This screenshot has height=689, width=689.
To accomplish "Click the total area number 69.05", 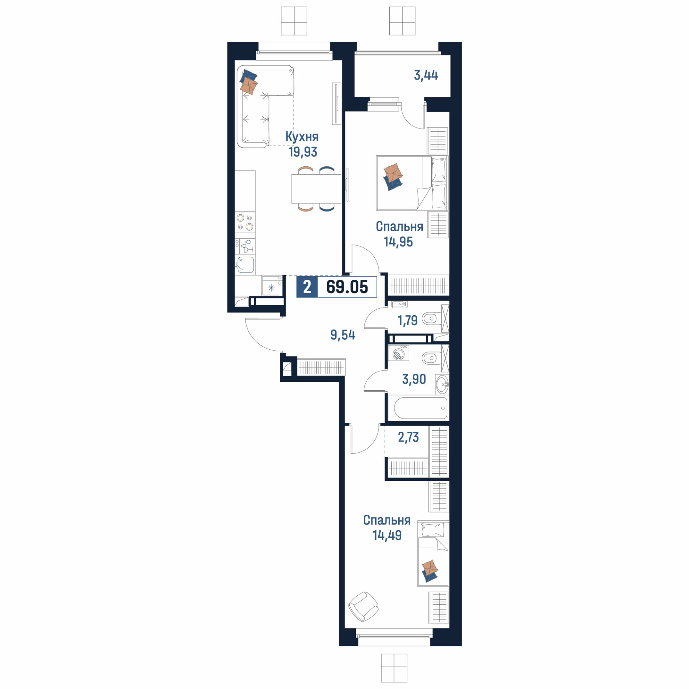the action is pyautogui.click(x=347, y=287).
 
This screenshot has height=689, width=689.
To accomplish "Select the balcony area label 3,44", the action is pyautogui.click(x=426, y=75).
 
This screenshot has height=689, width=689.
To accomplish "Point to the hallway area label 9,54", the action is pyautogui.click(x=343, y=335).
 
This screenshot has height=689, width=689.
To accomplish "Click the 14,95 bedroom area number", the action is pyautogui.click(x=398, y=241).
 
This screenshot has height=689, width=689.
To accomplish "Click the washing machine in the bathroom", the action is pyautogui.click(x=398, y=353).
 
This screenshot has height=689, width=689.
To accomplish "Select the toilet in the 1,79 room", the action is pyautogui.click(x=431, y=318).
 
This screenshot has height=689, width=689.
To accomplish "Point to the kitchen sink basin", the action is pyautogui.click(x=245, y=265).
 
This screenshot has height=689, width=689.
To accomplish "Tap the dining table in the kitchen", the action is pyautogui.click(x=316, y=189).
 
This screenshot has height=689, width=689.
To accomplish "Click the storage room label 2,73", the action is pyautogui.click(x=408, y=437).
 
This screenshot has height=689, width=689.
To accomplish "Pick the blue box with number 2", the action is pyautogui.click(x=307, y=287).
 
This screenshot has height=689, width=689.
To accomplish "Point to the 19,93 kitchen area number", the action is pyautogui.click(x=303, y=152).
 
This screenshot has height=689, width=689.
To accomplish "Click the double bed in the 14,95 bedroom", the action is pyautogui.click(x=412, y=183).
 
